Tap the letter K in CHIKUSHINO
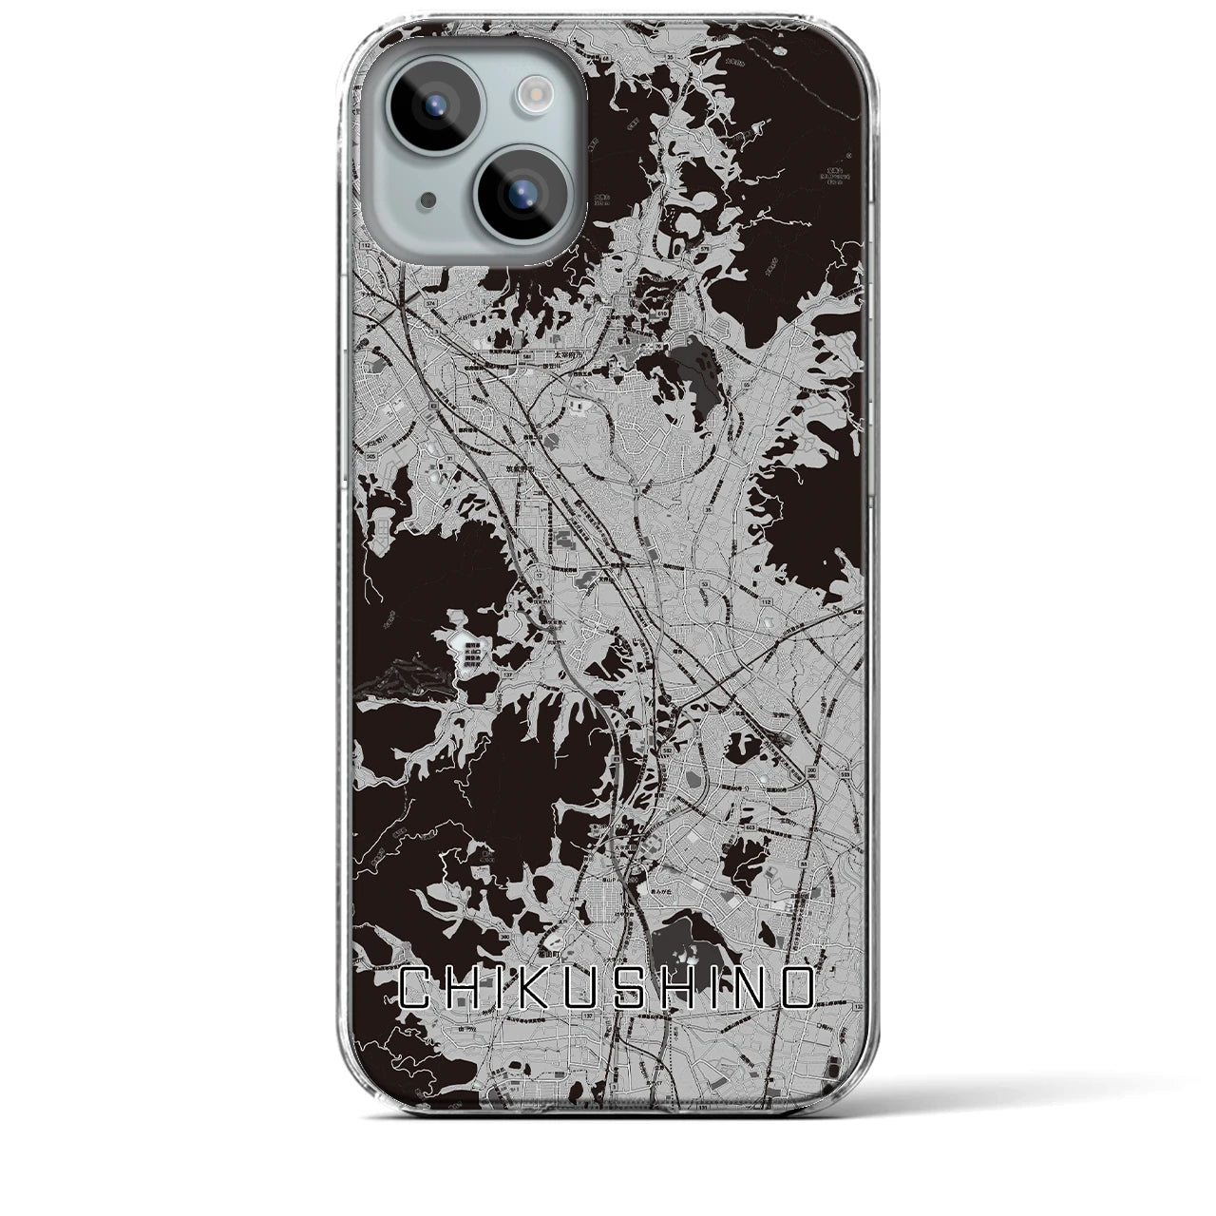[542, 988]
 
